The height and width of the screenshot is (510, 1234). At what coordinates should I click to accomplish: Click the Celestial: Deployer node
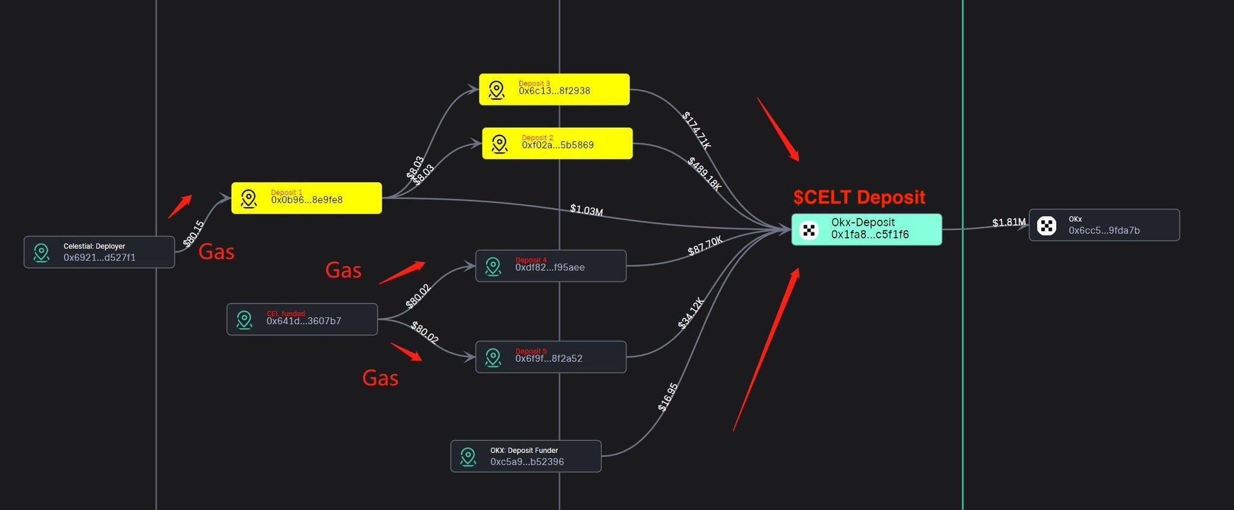(x=99, y=252)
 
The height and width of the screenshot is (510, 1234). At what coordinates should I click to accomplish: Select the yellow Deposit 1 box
(x=307, y=198)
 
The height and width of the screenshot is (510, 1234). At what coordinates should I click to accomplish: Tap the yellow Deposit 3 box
(x=554, y=90)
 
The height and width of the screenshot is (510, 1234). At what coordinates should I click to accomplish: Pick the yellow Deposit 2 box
(x=557, y=143)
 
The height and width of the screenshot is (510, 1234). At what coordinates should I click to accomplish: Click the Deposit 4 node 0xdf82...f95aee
(x=551, y=266)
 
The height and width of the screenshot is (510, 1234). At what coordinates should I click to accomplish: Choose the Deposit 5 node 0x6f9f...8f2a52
(x=551, y=357)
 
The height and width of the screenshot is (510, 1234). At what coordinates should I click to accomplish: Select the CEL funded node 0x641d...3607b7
(x=302, y=319)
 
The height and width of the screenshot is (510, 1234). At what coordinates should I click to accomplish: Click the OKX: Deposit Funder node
(x=525, y=456)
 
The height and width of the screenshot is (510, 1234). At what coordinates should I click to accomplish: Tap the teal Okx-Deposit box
(x=866, y=229)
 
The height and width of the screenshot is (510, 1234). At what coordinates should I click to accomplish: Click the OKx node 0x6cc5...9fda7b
(x=1104, y=225)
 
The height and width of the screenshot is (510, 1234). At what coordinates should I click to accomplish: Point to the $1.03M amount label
(x=586, y=210)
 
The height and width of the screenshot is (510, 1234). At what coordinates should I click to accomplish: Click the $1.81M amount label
(x=1009, y=222)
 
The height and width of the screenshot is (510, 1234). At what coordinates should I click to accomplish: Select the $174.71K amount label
(x=697, y=130)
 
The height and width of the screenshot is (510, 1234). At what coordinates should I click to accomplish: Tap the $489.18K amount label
(x=704, y=173)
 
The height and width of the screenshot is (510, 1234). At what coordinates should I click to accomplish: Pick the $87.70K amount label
(x=705, y=246)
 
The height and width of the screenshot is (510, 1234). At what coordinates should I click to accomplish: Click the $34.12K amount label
(x=691, y=313)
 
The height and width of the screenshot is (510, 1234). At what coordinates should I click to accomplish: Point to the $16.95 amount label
(x=668, y=397)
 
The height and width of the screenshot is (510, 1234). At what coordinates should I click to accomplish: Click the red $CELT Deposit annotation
(x=859, y=197)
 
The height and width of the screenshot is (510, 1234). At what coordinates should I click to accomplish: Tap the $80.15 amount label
(x=193, y=234)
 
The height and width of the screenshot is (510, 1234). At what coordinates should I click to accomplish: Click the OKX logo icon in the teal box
(x=809, y=230)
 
